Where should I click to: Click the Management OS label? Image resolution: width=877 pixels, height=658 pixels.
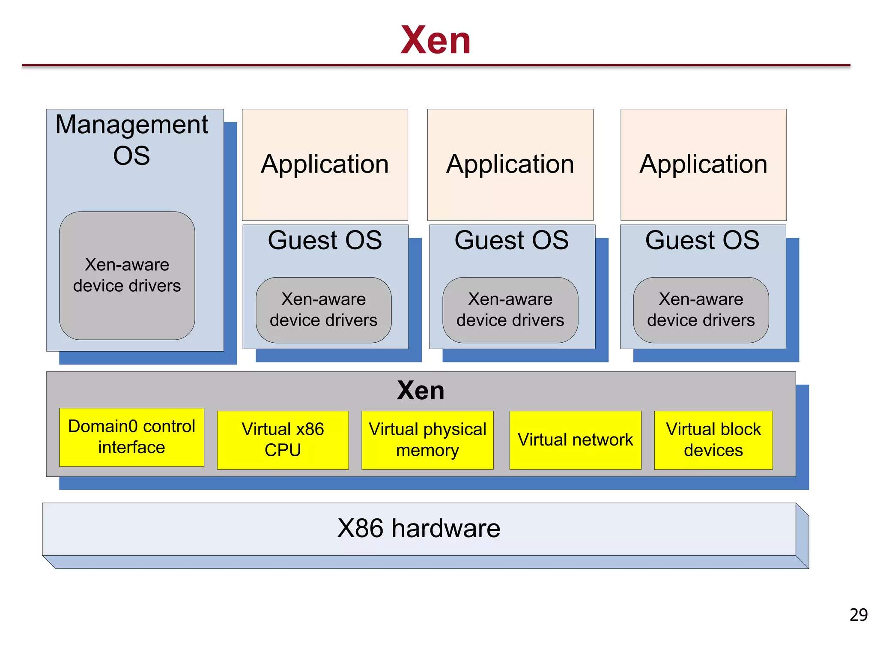(131, 140)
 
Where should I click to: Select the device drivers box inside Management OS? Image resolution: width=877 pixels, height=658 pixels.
(127, 275)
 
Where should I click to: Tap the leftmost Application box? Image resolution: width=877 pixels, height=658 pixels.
(325, 164)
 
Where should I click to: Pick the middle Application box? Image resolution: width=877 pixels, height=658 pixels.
(510, 164)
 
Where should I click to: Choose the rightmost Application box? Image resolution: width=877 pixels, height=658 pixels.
(703, 164)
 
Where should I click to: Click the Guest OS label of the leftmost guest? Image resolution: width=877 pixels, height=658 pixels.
(325, 240)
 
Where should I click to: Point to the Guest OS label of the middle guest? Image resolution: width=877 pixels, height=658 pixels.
(511, 240)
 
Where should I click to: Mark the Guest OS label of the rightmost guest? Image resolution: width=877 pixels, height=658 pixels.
(702, 240)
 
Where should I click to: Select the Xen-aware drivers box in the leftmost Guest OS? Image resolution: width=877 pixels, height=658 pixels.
(323, 310)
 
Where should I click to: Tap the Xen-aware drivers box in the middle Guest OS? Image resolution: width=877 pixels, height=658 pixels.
(510, 310)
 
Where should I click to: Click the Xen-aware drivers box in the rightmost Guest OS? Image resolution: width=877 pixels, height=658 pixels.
(701, 310)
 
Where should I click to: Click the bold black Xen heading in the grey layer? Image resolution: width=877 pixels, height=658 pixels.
(421, 390)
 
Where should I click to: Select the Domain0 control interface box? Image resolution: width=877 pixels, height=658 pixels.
(131, 437)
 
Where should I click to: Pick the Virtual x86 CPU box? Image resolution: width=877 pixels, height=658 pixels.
(283, 440)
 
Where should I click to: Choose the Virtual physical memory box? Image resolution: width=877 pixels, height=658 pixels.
(427, 440)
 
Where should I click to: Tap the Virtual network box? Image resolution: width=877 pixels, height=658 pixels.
(575, 440)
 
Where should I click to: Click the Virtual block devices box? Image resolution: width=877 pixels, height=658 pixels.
(713, 440)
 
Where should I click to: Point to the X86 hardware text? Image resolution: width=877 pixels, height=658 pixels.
(418, 528)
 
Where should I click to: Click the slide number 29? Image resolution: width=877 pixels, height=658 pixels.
(858, 615)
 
